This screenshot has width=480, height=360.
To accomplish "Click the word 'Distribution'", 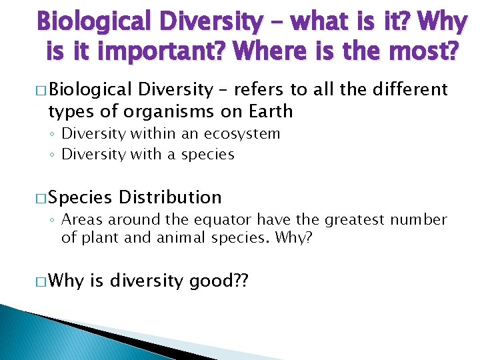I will (x=170, y=197).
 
